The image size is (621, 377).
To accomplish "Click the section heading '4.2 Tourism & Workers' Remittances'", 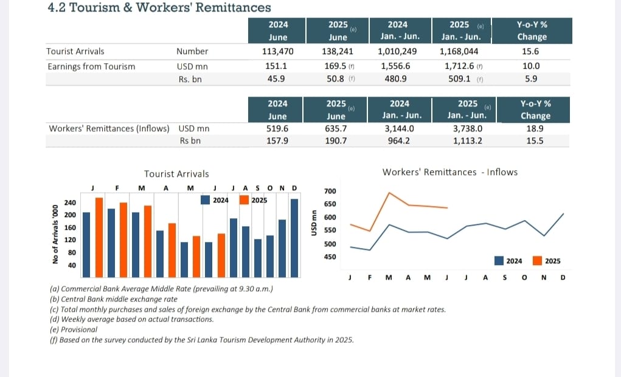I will tap(159, 8).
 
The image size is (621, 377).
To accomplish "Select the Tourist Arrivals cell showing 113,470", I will tap(278, 52).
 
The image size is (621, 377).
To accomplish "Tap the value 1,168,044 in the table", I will tap(459, 52).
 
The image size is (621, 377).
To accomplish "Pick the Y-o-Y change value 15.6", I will tap(531, 52).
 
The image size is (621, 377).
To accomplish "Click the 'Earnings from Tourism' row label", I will tap(91, 66).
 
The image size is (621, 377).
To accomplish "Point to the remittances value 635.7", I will tap(336, 128).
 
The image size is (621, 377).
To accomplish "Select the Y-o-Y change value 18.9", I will tap(535, 128).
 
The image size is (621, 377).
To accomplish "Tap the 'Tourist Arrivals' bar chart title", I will tap(176, 174).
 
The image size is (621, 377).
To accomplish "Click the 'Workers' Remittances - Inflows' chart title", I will tap(449, 172).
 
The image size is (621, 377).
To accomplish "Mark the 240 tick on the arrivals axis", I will tap(70, 202).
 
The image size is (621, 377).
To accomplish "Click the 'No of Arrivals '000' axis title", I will tap(55, 234).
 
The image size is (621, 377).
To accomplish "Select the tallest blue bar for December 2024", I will tap(294, 237).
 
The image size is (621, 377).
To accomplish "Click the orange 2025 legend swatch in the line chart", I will tap(537, 261).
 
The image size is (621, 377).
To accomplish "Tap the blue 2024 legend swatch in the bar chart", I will tap(205, 199).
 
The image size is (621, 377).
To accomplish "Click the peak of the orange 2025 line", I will tap(389, 193).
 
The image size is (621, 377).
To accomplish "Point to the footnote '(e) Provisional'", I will tap(74, 330).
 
